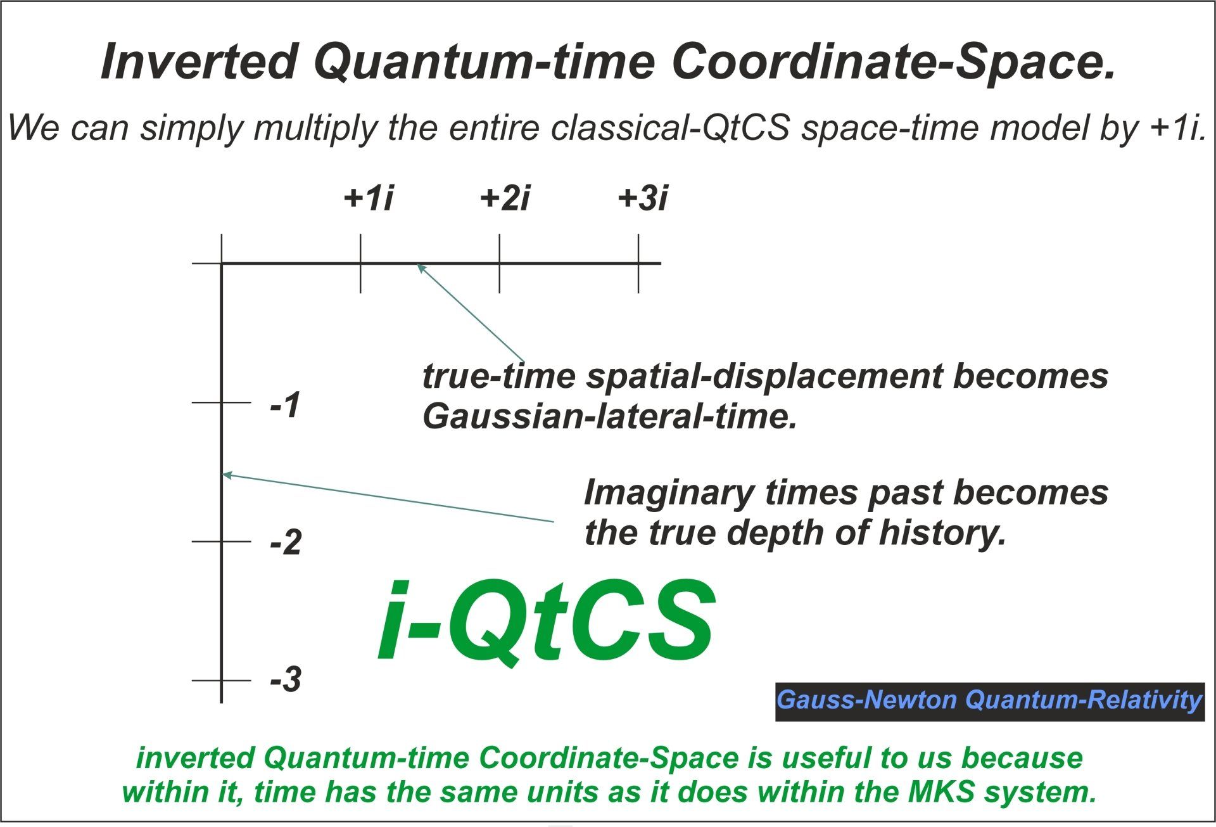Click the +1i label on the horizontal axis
point(369,198)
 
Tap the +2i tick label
point(505,198)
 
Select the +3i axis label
point(643,198)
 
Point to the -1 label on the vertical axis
point(285,404)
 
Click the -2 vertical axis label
point(286,543)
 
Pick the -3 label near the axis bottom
point(286,680)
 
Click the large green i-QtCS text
point(547,621)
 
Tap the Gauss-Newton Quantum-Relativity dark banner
point(990,702)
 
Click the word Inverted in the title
point(199,61)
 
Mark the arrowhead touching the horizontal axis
point(420,267)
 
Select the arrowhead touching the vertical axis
point(227,475)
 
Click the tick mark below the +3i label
point(638,263)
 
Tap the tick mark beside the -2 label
point(222,541)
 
